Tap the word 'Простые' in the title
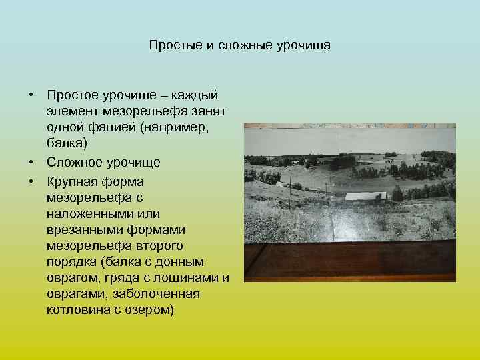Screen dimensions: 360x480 171,46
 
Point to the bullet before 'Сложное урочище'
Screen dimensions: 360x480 31,162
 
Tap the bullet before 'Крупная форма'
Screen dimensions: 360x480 31,181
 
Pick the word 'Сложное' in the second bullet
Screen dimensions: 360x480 71,162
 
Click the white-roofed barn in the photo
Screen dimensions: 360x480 365,197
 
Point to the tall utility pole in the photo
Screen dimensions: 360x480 290,189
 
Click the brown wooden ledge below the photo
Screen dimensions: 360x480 349,261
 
